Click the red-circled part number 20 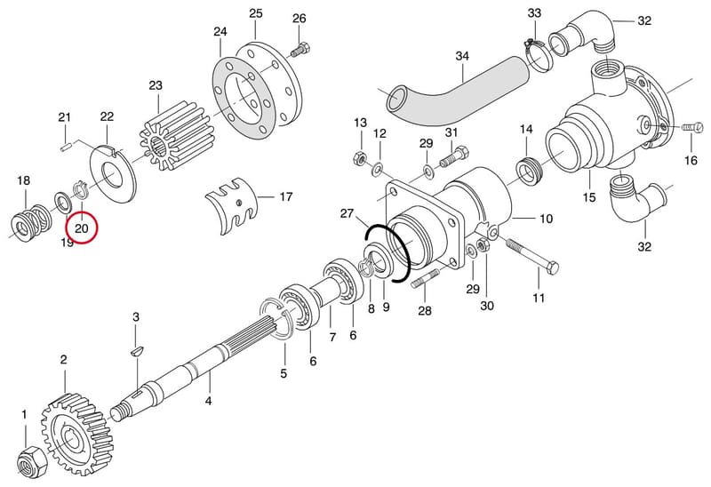82,228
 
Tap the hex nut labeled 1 31,459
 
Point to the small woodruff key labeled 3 136,350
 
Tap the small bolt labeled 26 300,49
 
